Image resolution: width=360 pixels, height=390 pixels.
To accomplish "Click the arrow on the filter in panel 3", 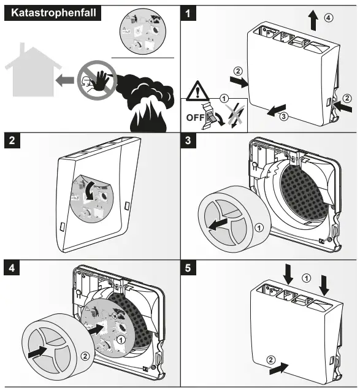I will coord(218,224).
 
